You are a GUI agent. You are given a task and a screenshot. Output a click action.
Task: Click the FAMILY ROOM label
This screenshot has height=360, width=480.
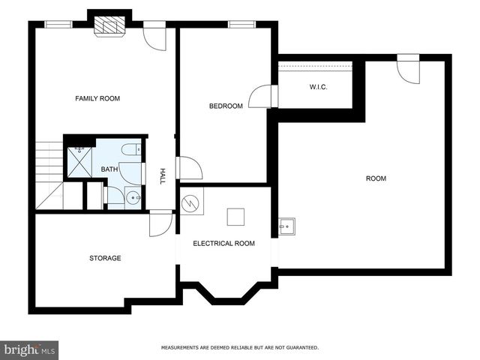[97, 98]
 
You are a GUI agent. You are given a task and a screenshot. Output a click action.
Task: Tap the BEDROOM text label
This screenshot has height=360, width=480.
[226, 106]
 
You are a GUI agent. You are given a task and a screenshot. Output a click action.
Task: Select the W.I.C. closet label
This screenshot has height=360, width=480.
[319, 87]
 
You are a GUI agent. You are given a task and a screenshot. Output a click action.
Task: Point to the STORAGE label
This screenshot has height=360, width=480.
[105, 258]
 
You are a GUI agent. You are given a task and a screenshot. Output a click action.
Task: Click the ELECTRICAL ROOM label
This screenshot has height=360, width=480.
[223, 243]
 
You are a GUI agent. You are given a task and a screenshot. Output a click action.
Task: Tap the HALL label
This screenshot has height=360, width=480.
[162, 176]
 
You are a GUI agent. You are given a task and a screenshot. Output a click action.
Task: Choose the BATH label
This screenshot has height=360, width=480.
[109, 169]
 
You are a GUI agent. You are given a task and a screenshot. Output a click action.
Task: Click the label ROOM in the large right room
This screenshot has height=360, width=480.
[376, 178]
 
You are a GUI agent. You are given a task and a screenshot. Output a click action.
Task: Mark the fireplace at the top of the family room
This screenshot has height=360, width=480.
[109, 26]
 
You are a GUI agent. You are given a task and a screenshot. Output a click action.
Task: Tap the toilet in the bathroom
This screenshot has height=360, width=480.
[130, 149]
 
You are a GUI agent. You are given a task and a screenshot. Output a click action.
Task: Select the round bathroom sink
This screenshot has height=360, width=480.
[133, 198]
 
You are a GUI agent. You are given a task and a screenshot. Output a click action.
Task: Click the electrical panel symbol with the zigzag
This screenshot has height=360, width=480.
[191, 201]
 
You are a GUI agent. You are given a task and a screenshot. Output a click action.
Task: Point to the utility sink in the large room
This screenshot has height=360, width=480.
[286, 226]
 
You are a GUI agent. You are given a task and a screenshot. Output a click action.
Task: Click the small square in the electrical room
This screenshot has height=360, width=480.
[236, 217]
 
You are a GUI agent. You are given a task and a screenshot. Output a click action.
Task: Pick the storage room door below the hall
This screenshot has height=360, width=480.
[160, 224]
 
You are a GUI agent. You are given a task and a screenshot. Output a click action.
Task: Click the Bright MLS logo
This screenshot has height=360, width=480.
[30, 349]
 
